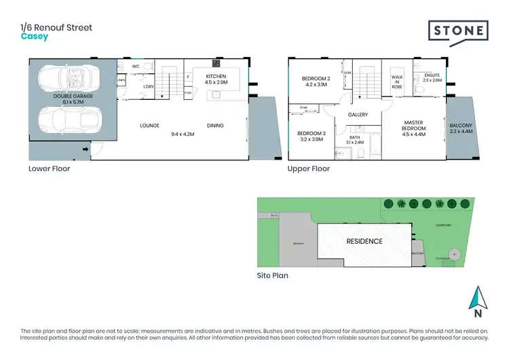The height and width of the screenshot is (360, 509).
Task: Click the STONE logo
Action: pyautogui.click(x=458, y=31)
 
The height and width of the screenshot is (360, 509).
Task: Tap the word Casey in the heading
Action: pyautogui.click(x=35, y=37)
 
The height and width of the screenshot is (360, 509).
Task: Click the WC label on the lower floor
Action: pyautogui.click(x=136, y=67)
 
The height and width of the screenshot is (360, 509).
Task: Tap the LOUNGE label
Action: pyautogui.click(x=150, y=126)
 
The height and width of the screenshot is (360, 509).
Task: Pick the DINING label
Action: pyautogui.click(x=215, y=126)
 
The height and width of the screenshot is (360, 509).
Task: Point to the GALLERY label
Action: pyautogui.click(x=358, y=115)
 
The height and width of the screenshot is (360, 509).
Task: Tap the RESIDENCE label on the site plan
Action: pyautogui.click(x=364, y=241)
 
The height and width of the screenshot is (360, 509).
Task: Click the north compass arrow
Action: pyautogui.click(x=478, y=300)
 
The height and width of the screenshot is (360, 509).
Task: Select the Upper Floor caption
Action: pyautogui.click(x=309, y=168)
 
